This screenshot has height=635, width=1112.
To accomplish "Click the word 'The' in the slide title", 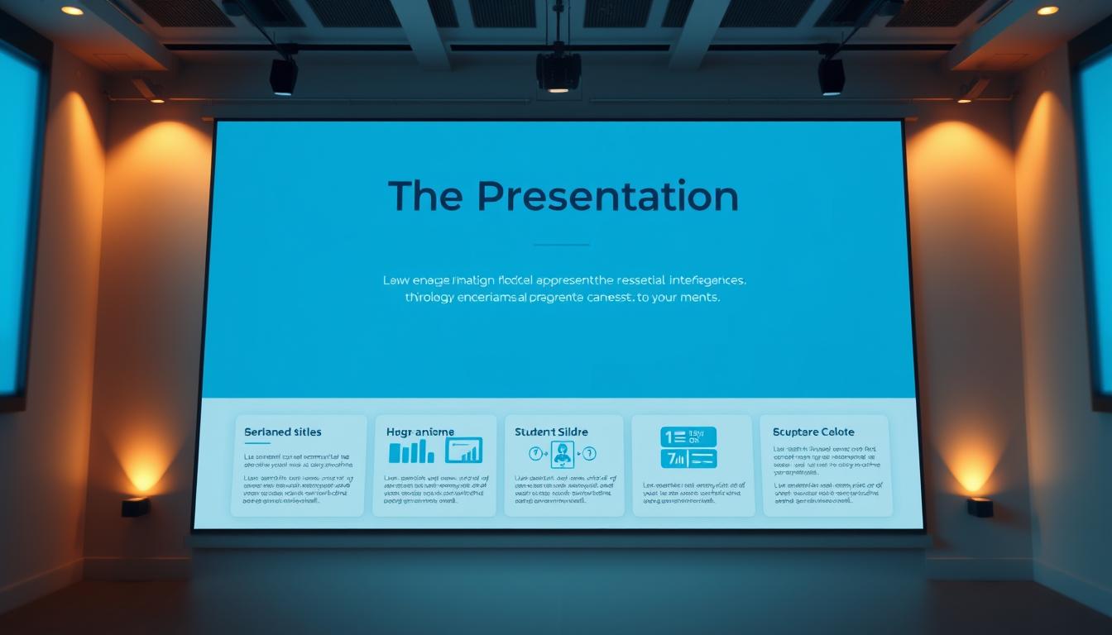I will click(425, 197).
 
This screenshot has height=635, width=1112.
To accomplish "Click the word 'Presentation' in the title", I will click(607, 197).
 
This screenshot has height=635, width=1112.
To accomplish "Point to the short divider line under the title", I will click(561, 245).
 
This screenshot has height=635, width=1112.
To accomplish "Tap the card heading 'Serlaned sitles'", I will click(283, 432).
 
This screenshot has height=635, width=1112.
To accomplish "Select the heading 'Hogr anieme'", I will click(420, 432).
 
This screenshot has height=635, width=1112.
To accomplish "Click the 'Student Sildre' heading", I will click(551, 432).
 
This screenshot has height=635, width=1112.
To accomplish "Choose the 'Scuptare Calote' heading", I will click(813, 432).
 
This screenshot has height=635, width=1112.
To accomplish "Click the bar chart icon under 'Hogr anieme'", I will click(411, 451).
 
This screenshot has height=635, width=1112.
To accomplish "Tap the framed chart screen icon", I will click(463, 451).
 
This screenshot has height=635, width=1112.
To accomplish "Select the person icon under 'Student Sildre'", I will click(563, 453).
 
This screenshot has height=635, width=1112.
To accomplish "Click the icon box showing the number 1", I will click(688, 437).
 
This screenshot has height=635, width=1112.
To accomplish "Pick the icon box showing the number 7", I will click(688, 459).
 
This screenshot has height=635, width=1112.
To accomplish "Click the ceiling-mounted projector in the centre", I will click(558, 70).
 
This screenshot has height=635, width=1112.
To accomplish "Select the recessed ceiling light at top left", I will click(73, 10).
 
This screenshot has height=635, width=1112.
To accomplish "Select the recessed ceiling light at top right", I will click(1047, 10).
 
